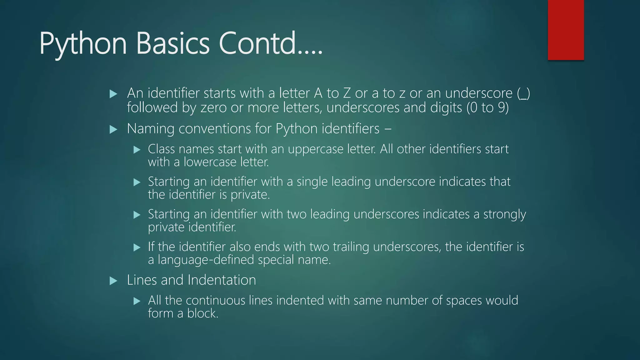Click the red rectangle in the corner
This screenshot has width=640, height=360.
coord(566,30)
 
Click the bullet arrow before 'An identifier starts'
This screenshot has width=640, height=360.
coord(113,94)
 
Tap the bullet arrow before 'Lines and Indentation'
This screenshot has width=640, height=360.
coord(113,281)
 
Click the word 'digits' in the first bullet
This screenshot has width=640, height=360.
coord(446,108)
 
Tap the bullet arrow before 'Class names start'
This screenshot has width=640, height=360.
coord(137,150)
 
